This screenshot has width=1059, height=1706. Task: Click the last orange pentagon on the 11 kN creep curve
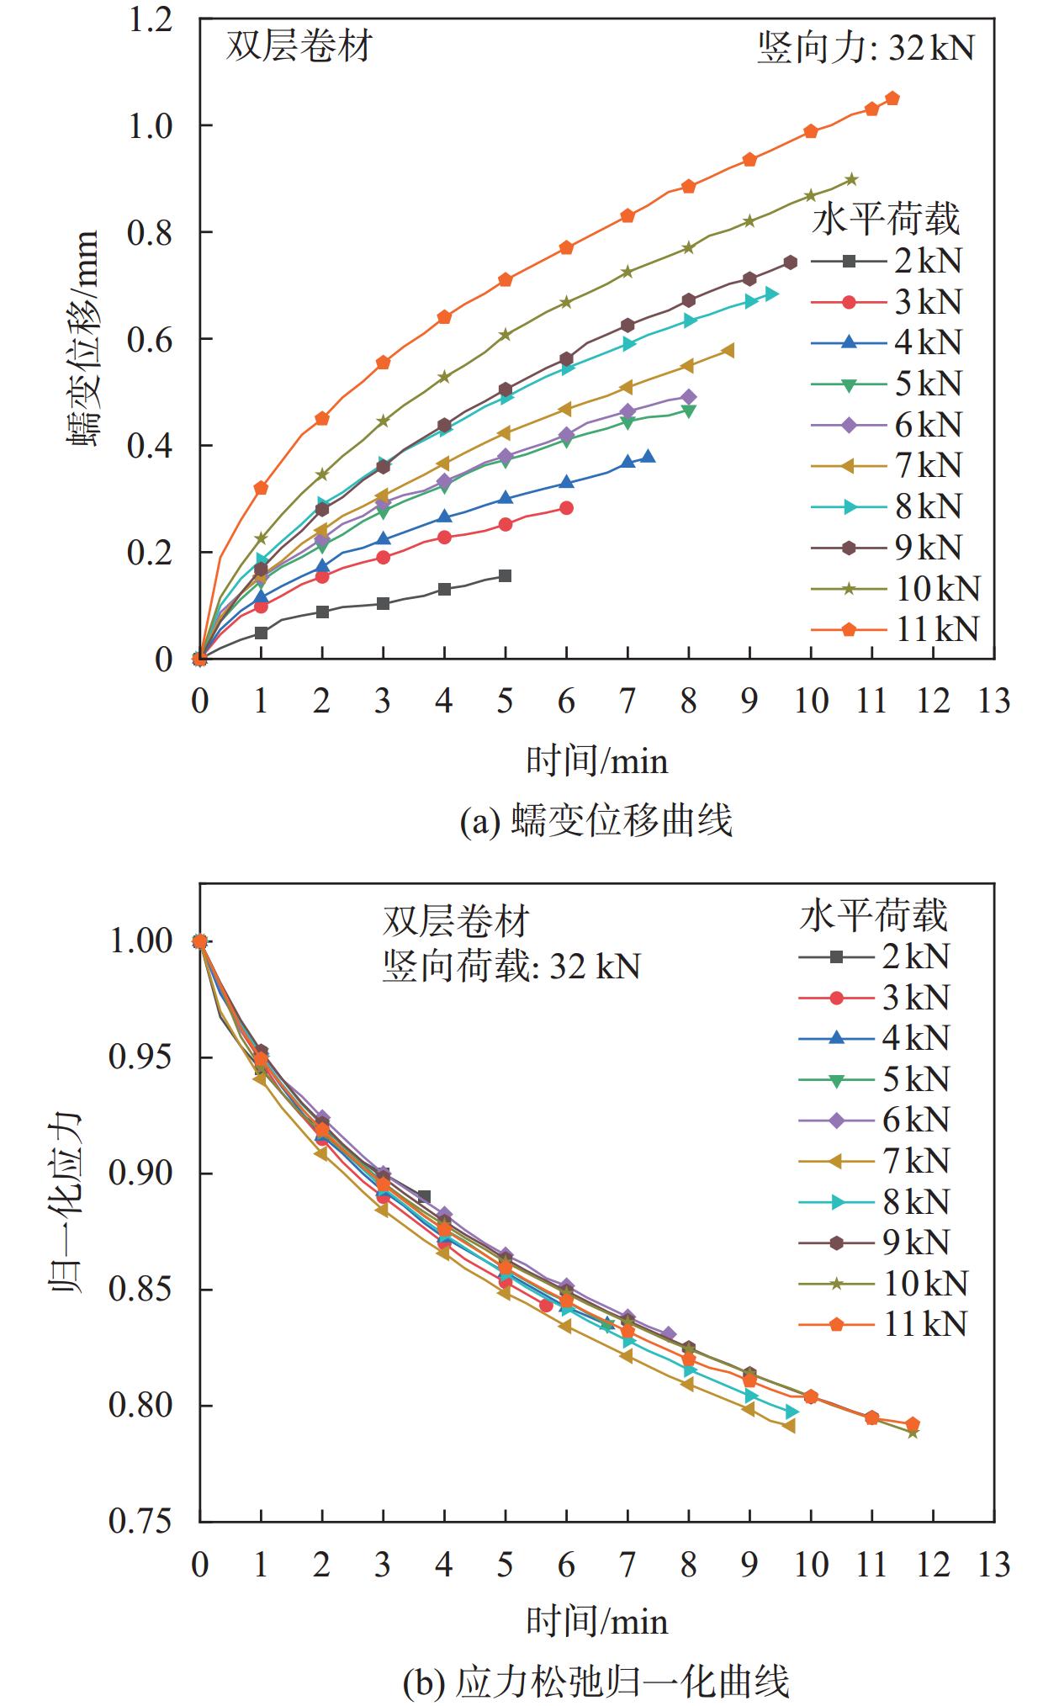pyautogui.click(x=892, y=98)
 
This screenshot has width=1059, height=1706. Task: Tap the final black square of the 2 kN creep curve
pyautogui.click(x=505, y=575)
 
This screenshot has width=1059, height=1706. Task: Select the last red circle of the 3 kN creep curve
pyautogui.click(x=566, y=508)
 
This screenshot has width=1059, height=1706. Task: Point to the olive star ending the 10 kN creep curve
pyautogui.click(x=851, y=179)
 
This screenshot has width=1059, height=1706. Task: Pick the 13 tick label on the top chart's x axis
pyautogui.click(x=993, y=701)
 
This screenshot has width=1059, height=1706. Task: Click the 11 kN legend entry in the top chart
pyautogui.click(x=895, y=629)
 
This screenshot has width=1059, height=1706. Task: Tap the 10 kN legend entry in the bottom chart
pyautogui.click(x=882, y=1284)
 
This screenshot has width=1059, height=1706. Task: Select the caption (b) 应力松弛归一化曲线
pyautogui.click(x=596, y=1681)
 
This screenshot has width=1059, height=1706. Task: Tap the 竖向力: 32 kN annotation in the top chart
pyautogui.click(x=866, y=47)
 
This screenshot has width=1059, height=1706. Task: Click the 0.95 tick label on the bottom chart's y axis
pyautogui.click(x=141, y=1057)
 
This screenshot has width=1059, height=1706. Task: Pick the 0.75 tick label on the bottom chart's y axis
pyautogui.click(x=141, y=1522)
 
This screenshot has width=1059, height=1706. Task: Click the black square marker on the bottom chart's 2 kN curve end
pyautogui.click(x=424, y=1196)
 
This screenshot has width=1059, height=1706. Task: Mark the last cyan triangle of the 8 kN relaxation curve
pyautogui.click(x=791, y=1411)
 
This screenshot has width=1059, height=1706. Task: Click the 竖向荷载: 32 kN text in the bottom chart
pyautogui.click(x=511, y=966)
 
